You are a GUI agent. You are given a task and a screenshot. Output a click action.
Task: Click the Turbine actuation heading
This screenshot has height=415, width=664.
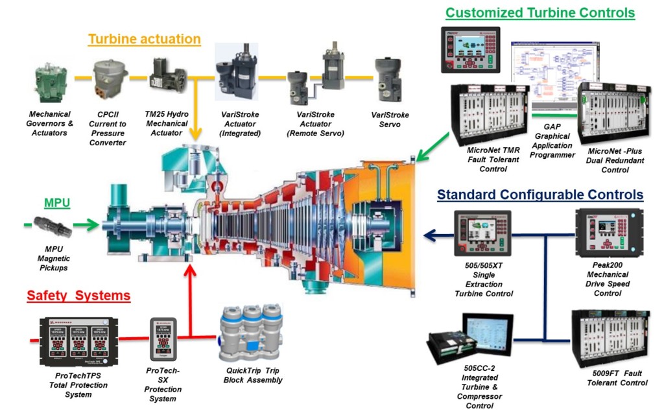(x=144, y=39)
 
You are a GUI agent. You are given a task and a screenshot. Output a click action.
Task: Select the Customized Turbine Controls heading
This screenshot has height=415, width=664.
(x=539, y=12)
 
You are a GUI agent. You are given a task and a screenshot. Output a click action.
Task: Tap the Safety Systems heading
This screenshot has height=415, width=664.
(x=78, y=296)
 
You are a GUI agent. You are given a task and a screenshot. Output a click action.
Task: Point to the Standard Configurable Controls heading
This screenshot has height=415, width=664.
(x=540, y=195)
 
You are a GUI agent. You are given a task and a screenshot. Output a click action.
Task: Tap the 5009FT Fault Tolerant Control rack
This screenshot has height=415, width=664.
(x=608, y=339)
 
